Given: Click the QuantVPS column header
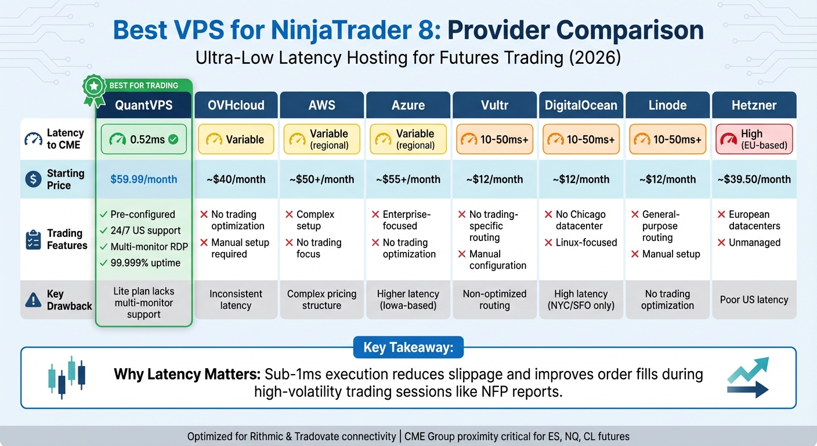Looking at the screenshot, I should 143,105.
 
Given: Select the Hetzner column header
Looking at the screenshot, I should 754,105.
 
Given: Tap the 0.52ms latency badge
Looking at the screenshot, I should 143,139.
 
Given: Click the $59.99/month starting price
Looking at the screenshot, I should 143,179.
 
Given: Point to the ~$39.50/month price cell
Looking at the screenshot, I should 754,179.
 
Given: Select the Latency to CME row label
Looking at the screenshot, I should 65,139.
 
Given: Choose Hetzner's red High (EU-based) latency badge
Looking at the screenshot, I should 754,139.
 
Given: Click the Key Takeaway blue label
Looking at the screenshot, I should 408,347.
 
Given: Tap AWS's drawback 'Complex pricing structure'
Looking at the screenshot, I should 321,300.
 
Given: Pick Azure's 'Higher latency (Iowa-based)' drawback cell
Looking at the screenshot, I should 408,300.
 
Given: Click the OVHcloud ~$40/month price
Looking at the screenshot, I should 236,179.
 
